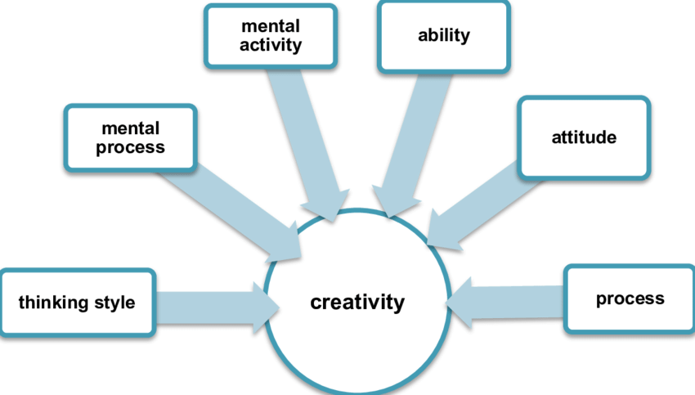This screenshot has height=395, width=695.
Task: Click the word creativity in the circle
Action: click(357, 303)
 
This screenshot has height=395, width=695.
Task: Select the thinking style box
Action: click(77, 303)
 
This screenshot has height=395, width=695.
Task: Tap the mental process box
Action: click(131, 137)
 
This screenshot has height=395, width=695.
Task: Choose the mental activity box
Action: click(270, 37)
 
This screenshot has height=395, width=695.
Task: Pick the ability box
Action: click(443, 37)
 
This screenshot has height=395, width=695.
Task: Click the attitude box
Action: click(584, 137)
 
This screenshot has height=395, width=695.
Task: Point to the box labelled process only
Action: click(630, 299)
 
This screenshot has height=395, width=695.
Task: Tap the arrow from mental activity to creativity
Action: click(315, 139)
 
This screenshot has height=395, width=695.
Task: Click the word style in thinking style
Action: click(114, 303)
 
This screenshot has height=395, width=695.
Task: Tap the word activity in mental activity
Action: click(270, 45)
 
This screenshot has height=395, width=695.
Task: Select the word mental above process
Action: click(131, 128)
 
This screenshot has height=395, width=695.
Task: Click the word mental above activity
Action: click(270, 27)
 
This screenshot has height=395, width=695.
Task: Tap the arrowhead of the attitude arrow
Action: click(442, 228)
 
